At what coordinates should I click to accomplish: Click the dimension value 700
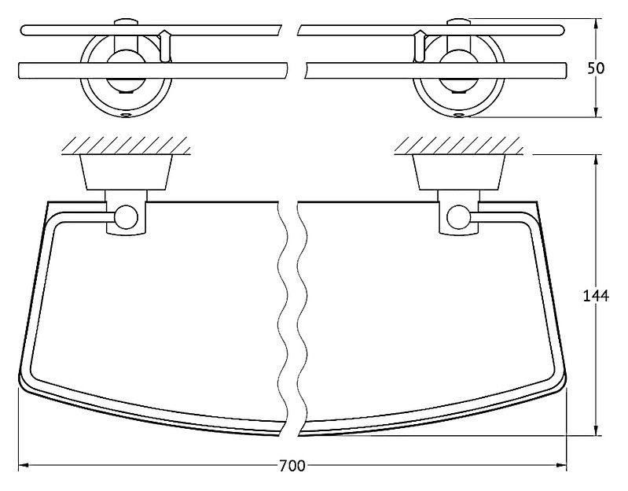point(292,466)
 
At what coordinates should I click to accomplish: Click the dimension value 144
point(596,296)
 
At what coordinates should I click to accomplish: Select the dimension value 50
point(596,68)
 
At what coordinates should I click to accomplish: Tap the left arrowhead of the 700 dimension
point(24,466)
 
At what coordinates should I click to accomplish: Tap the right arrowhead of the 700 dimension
point(561,466)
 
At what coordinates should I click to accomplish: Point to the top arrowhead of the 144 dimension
point(597,160)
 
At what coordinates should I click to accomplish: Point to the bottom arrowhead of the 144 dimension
point(597,430)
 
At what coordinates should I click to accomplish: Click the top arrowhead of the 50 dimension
point(597,24)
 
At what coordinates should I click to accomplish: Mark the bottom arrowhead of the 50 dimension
point(597,112)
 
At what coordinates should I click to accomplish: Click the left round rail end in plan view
point(127,218)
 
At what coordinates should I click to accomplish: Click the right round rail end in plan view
point(458,218)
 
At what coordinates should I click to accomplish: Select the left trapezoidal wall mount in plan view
point(127,172)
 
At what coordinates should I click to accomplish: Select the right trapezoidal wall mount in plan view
point(458,172)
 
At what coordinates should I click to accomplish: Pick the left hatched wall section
point(127,146)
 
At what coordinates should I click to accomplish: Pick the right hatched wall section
point(458,146)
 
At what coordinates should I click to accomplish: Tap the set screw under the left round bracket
point(127,116)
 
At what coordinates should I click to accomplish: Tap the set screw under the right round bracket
point(459,116)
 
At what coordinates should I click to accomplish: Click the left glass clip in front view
point(165,46)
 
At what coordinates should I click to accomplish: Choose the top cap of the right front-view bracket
point(458,22)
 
